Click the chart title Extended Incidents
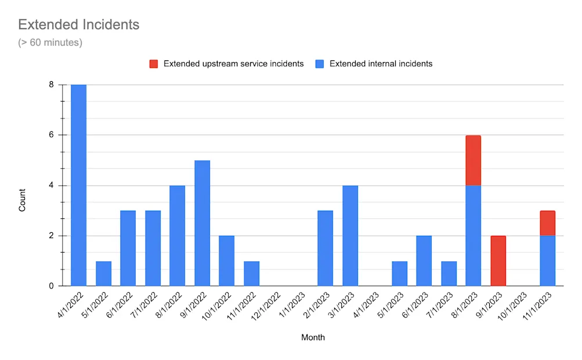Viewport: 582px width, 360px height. pos(78,25)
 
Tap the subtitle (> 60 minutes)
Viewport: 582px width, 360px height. pos(50,42)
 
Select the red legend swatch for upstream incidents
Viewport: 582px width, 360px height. pos(153,64)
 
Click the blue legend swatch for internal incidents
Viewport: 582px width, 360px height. pos(319,64)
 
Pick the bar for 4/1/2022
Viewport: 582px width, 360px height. pos(79,186)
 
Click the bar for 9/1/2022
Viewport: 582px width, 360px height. pos(202,224)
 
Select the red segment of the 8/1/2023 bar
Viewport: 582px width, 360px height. pos(473,160)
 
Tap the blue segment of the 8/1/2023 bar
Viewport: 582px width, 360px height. pos(473,236)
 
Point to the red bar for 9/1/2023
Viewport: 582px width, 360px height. pos(498,261)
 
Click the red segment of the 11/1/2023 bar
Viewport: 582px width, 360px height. pos(547,223)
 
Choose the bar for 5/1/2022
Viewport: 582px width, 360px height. pos(103,273)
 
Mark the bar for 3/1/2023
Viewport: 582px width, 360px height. pos(350,236)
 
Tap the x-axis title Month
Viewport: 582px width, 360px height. pos(313,337)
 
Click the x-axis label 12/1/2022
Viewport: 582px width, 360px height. pos(267,304)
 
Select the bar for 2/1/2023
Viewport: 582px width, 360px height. pos(325,249)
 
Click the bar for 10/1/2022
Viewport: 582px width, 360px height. pos(226,261)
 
